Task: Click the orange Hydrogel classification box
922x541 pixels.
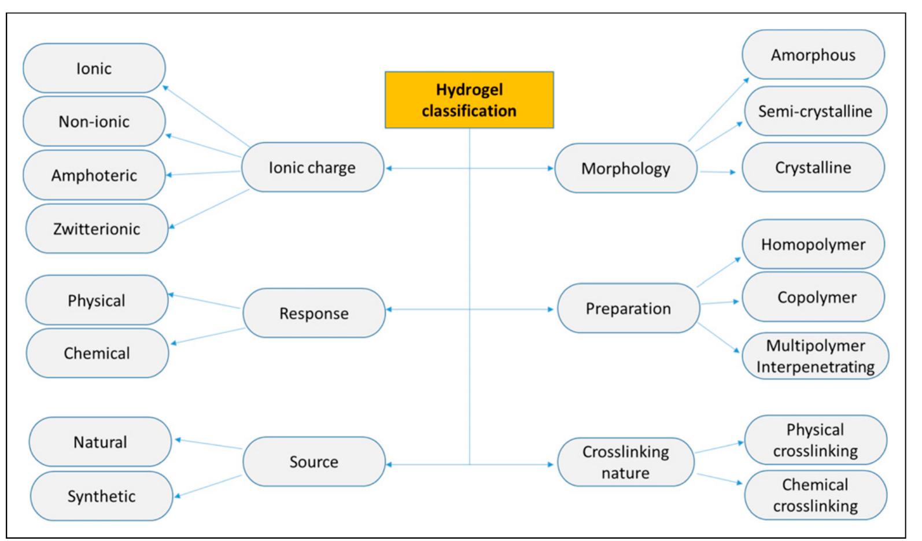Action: click(x=469, y=100)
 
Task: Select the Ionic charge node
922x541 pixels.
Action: click(x=312, y=167)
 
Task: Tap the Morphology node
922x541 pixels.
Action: click(x=626, y=168)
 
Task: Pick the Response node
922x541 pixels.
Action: click(x=314, y=313)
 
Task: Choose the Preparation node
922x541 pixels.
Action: click(x=628, y=308)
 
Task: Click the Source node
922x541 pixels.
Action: click(x=314, y=461)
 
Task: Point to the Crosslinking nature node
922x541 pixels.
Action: click(x=625, y=462)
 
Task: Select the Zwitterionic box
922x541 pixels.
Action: click(x=97, y=229)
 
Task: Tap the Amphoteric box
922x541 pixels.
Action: click(x=94, y=175)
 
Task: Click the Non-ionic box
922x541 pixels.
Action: click(x=94, y=122)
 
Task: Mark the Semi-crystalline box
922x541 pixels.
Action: click(x=814, y=111)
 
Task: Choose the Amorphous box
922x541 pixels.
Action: click(x=813, y=55)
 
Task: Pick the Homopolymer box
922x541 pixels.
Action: click(x=813, y=244)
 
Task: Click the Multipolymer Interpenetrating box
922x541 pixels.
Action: click(x=815, y=356)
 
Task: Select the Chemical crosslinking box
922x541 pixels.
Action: click(x=815, y=495)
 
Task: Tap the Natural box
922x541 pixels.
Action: click(x=100, y=442)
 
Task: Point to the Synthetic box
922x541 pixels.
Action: click(x=101, y=496)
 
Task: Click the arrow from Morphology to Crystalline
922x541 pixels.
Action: click(x=718, y=172)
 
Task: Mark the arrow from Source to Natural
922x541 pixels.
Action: click(x=208, y=444)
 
